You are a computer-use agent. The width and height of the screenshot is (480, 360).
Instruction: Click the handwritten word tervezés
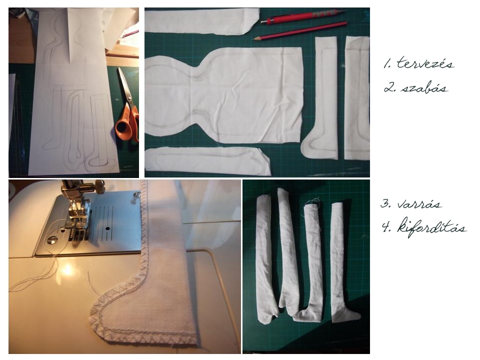[x=425, y=63]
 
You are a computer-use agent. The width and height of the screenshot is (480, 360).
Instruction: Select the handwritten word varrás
[x=419, y=203]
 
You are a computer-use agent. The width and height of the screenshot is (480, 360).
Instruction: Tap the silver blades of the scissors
[x=123, y=84]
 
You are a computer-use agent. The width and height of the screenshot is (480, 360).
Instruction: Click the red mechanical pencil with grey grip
[x=303, y=16]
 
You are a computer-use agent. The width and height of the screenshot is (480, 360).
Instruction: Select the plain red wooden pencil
[x=300, y=30]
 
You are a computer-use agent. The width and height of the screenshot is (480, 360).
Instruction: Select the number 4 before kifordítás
[x=386, y=227]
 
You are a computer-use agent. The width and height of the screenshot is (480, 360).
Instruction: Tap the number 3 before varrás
[x=385, y=203]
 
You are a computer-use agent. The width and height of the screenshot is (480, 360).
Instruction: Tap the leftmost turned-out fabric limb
[x=264, y=260]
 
